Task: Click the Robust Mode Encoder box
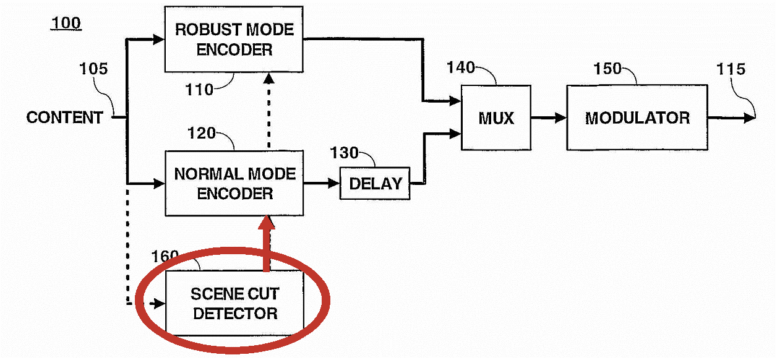point(234,39)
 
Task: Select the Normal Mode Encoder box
point(234,184)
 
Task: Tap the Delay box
point(375,184)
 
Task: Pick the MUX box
point(496,118)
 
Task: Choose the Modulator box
point(637,118)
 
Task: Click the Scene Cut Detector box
point(234,303)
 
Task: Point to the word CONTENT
point(65,118)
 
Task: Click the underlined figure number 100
point(66,24)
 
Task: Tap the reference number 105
point(93,69)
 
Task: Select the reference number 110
point(199,90)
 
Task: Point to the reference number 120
point(201,133)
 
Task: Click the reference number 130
point(344,153)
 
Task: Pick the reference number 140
point(461,67)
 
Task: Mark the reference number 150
point(607,69)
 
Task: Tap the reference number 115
point(731,69)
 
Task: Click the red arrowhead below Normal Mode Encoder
point(267,223)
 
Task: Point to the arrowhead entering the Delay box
point(333,183)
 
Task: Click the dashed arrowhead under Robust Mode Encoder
point(269,79)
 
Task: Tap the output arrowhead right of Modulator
point(749,118)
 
